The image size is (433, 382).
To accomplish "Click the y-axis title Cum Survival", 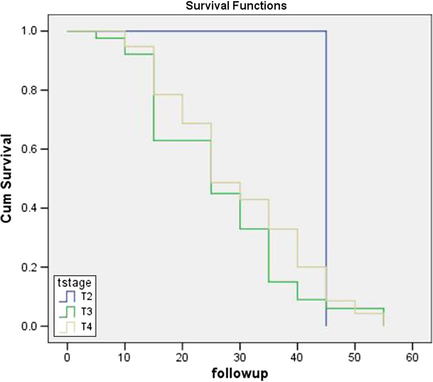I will point(8,178).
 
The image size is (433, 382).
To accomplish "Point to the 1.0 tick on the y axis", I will point(39,31).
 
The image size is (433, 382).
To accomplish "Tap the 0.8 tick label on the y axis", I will point(39,90).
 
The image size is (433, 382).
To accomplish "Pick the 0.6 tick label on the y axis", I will point(39,149).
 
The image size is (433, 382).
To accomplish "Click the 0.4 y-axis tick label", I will point(39,208).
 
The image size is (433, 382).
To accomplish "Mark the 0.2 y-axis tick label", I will point(39,267).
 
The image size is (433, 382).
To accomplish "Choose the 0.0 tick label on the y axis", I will point(39,326).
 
